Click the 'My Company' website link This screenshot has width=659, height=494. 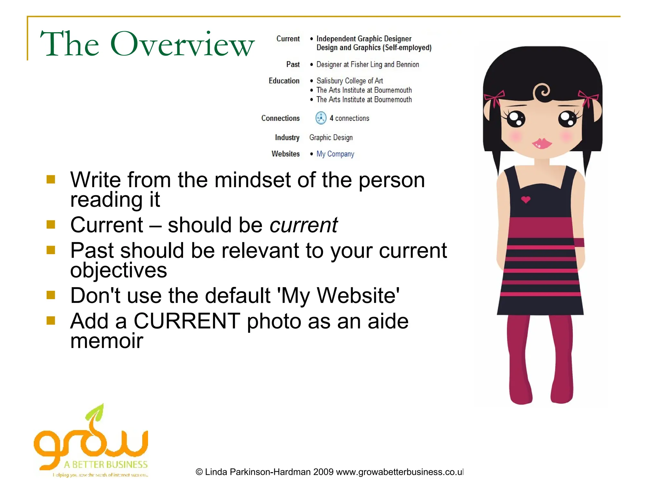tap(335, 154)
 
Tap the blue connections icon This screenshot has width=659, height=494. tap(321, 118)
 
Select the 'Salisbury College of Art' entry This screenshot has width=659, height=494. tap(349, 81)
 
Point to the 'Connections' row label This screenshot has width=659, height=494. tap(280, 118)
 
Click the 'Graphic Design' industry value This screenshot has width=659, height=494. tap(331, 138)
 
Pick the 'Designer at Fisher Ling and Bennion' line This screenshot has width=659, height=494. tap(367, 65)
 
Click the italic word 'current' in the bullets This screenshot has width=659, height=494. tap(303, 225)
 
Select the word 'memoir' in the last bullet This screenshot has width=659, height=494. tap(107, 341)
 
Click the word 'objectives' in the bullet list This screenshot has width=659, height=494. tap(118, 270)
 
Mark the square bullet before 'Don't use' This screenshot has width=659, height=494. tap(51, 295)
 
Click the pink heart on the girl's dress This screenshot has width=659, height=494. tap(525, 200)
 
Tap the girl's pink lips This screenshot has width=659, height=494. tap(542, 143)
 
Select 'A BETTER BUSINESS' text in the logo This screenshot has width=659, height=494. tap(106, 465)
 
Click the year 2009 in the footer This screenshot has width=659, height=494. tap(323, 472)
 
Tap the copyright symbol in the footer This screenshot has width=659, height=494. tap(199, 472)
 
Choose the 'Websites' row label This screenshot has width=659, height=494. tap(285, 154)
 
